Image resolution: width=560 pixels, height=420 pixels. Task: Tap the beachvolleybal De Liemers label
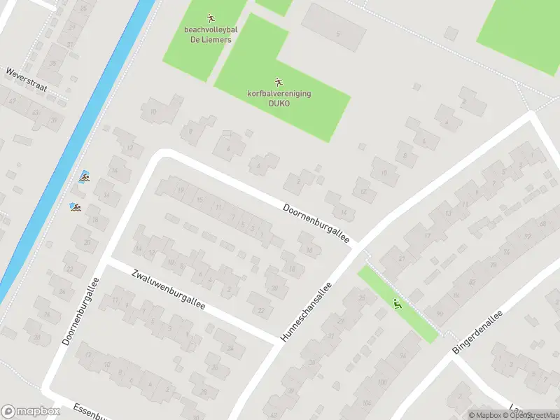(x=210, y=35)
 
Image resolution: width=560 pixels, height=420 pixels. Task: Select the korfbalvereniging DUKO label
(x=279, y=98)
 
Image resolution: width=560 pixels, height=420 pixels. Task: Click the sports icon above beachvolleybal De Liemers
(x=210, y=17)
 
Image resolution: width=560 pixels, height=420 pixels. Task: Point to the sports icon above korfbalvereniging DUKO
(x=279, y=82)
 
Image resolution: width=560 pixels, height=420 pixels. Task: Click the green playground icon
(x=398, y=304)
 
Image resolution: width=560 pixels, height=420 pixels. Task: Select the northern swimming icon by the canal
(x=85, y=176)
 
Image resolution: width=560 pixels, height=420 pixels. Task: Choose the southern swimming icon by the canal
(x=75, y=207)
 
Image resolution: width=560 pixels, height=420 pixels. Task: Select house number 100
(x=381, y=382)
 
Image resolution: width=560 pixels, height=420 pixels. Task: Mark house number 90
(x=440, y=312)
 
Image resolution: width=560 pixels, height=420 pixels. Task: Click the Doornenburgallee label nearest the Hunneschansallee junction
(x=316, y=225)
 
